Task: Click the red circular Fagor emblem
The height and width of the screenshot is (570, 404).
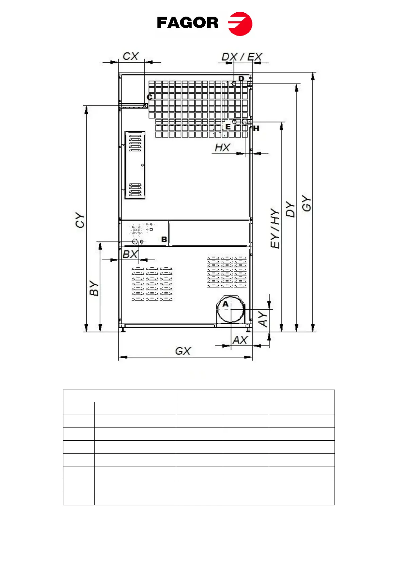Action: point(240,24)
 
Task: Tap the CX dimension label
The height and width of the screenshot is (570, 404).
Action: point(131,56)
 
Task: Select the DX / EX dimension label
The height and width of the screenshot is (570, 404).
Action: point(242,57)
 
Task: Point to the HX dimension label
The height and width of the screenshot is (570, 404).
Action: point(222,148)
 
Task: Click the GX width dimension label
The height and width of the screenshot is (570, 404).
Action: point(183,351)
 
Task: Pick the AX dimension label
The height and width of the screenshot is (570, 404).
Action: point(240,340)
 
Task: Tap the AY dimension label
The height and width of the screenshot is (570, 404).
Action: point(263,319)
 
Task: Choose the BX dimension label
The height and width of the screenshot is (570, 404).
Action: point(130,254)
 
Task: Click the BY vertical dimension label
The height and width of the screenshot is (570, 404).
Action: point(94,288)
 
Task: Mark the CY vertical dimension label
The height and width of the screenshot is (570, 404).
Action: point(80,220)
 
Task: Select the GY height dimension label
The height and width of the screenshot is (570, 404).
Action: point(306,203)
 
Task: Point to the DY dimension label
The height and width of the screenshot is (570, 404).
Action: point(290,209)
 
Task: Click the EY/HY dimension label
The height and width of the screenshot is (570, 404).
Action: point(275,228)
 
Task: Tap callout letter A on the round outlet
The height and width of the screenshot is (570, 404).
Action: point(225,304)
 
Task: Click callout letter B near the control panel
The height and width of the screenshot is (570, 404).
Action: point(164,239)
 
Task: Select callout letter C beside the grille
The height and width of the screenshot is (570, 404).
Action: point(149,97)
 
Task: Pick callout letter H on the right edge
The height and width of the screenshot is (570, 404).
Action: point(256,129)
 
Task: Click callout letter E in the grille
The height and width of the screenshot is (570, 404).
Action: point(228,127)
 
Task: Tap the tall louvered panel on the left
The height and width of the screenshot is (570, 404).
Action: point(135,165)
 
